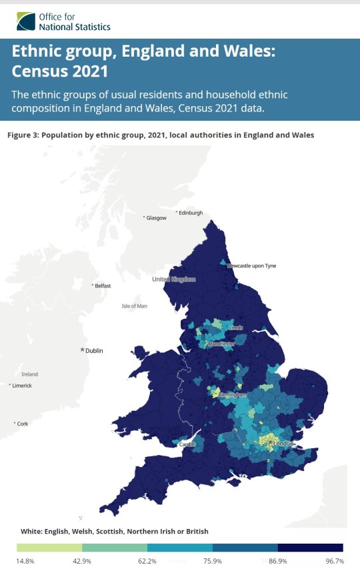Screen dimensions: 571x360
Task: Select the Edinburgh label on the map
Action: point(189,213)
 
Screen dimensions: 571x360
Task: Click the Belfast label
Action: point(103,285)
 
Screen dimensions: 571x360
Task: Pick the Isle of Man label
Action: point(134,306)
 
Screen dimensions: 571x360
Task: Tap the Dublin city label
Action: point(94,350)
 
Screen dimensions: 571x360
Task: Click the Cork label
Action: point(23,424)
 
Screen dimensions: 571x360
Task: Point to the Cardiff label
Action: point(188,444)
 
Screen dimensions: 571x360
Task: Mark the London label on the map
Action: point(283,444)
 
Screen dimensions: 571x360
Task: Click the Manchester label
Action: point(221,344)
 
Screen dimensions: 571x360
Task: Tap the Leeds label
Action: point(236,328)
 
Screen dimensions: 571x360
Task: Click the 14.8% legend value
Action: point(26,561)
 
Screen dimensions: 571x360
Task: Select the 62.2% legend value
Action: point(147,561)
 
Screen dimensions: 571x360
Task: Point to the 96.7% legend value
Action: point(334,561)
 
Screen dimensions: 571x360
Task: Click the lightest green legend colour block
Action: point(49,547)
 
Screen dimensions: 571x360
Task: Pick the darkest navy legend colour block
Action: point(310,547)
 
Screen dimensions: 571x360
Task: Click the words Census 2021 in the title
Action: point(59,69)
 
